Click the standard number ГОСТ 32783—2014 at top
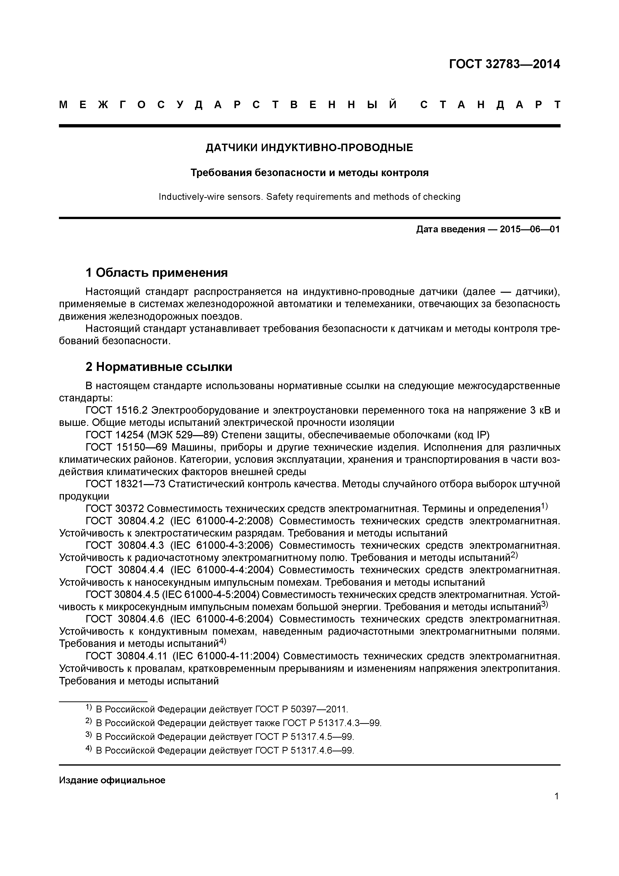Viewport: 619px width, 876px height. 504,64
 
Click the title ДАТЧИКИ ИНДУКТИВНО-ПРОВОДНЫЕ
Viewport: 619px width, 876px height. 309,148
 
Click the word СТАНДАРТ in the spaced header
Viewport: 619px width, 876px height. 490,105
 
